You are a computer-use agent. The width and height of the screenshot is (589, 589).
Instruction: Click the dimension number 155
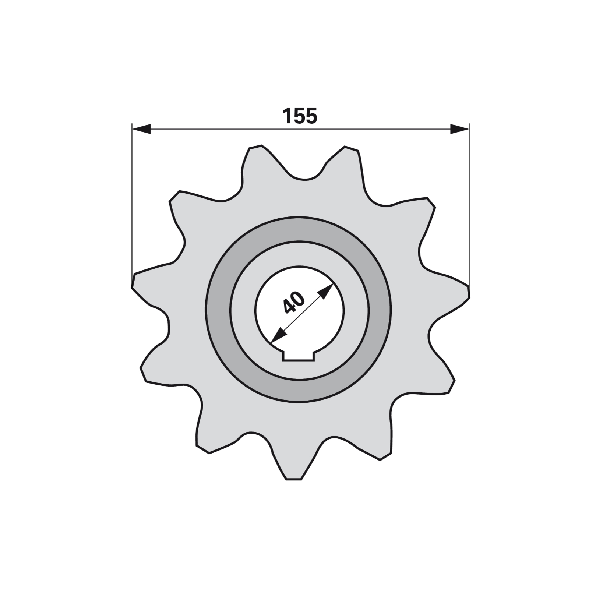[300, 116]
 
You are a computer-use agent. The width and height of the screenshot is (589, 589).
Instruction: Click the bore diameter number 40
[294, 302]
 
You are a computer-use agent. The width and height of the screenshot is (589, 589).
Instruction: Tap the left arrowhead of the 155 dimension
[141, 129]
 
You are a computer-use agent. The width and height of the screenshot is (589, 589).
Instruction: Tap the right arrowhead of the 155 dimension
[460, 129]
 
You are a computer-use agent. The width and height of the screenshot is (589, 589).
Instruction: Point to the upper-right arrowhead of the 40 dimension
[325, 291]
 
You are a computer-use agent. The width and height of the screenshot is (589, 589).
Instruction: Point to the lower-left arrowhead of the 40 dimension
[278, 334]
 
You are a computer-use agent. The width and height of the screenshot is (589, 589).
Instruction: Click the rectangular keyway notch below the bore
[299, 356]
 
